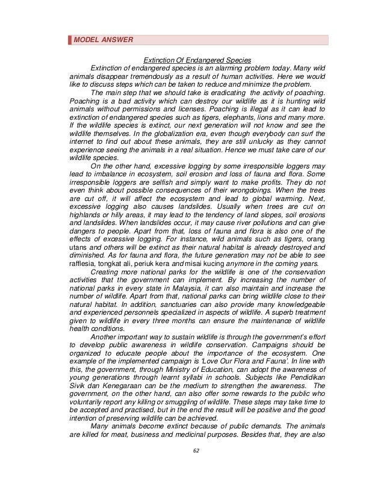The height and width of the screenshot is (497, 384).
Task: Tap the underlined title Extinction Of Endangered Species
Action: (196, 60)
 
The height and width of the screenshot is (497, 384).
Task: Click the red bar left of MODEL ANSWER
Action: (69, 40)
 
